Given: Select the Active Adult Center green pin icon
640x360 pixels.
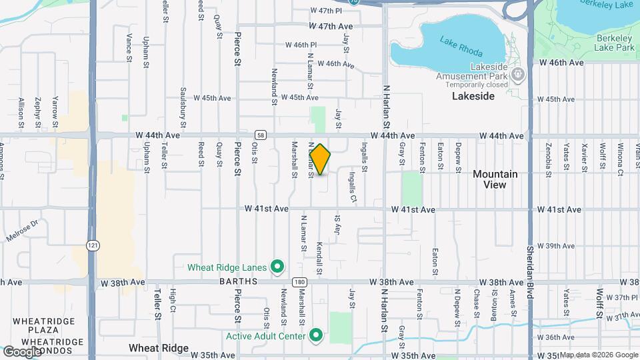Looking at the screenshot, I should point(317,335).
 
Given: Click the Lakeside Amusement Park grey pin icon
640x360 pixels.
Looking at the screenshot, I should point(519,73).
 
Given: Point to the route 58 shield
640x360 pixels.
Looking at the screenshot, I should point(260,135).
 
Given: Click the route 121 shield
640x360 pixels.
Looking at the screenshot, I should point(91,246).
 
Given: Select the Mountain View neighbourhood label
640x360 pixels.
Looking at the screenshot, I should point(495,179).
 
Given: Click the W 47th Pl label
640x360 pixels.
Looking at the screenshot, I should point(326,11).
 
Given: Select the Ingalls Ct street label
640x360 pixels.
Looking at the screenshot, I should point(353,186).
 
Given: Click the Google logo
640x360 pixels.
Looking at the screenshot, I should point(22,351).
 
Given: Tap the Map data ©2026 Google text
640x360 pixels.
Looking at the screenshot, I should point(598,355).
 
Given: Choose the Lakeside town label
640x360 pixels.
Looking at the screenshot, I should point(473,96).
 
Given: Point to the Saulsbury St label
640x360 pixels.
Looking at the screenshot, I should point(183,103).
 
